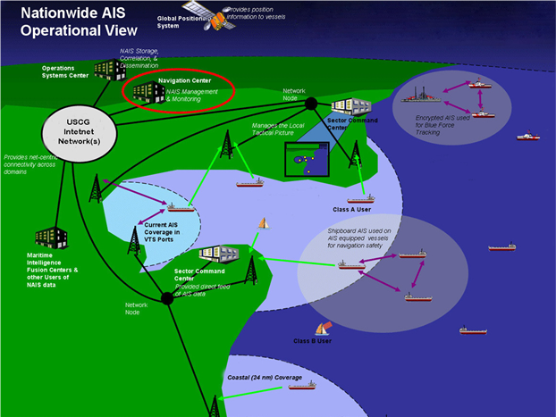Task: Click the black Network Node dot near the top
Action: point(310,104)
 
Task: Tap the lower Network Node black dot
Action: point(165,298)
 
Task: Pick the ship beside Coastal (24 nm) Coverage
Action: point(301,386)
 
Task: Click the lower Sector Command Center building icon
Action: point(217,259)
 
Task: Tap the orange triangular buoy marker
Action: point(263,222)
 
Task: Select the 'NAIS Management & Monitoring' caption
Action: point(185,95)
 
